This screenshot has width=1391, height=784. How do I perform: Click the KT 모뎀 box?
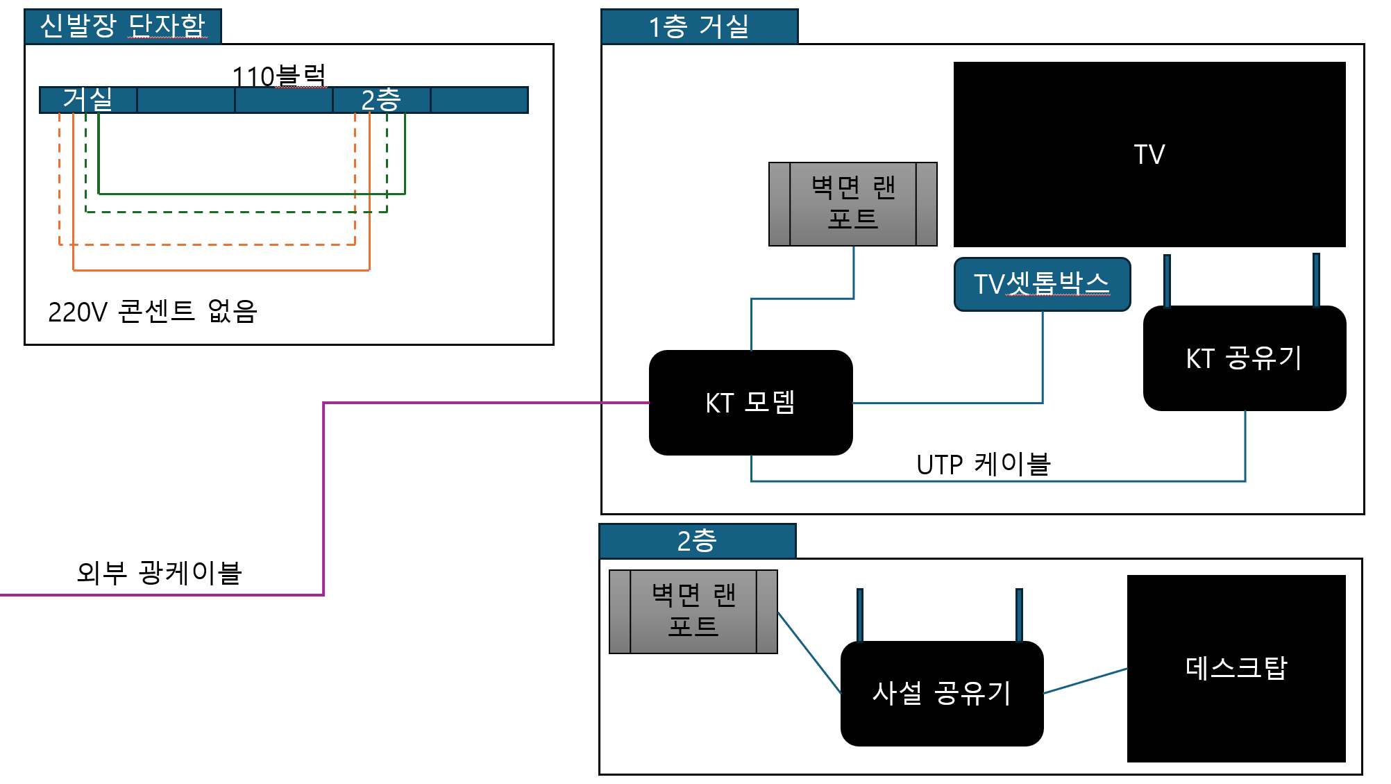750,403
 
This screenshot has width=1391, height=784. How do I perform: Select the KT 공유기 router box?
1244,358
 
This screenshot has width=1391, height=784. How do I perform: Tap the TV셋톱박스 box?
1042,284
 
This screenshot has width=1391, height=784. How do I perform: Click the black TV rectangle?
1149,154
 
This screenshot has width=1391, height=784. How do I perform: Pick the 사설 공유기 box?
941,693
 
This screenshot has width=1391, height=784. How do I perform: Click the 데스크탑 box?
1236,668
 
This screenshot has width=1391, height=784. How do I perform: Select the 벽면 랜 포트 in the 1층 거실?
852,204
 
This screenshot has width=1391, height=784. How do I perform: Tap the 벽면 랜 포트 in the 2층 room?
693,612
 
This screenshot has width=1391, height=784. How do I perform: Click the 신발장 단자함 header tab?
123,26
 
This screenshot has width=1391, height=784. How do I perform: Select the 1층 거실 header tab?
699,26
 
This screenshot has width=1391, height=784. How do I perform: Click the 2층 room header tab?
697,541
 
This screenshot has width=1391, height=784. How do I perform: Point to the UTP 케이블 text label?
983,464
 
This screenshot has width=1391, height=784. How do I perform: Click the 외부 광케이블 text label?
159,573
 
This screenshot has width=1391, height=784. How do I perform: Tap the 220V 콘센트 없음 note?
153,312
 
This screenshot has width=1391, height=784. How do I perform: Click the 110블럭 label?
278,76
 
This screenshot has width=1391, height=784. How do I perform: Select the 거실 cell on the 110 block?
88,100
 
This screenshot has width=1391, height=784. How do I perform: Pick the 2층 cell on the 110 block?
381,100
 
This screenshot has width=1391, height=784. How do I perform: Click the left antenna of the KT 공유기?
1167,281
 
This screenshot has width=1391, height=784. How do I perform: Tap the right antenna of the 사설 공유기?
1019,615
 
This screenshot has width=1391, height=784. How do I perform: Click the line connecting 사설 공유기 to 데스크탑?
1086,681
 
